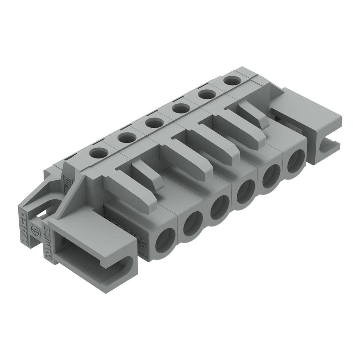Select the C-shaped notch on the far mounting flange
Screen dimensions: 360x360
[x=327, y=148]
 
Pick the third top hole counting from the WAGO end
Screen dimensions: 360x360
[x=153, y=123]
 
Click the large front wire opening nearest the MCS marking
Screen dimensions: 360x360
[x=165, y=240]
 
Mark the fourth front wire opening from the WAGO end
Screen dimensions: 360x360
[x=245, y=192]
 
